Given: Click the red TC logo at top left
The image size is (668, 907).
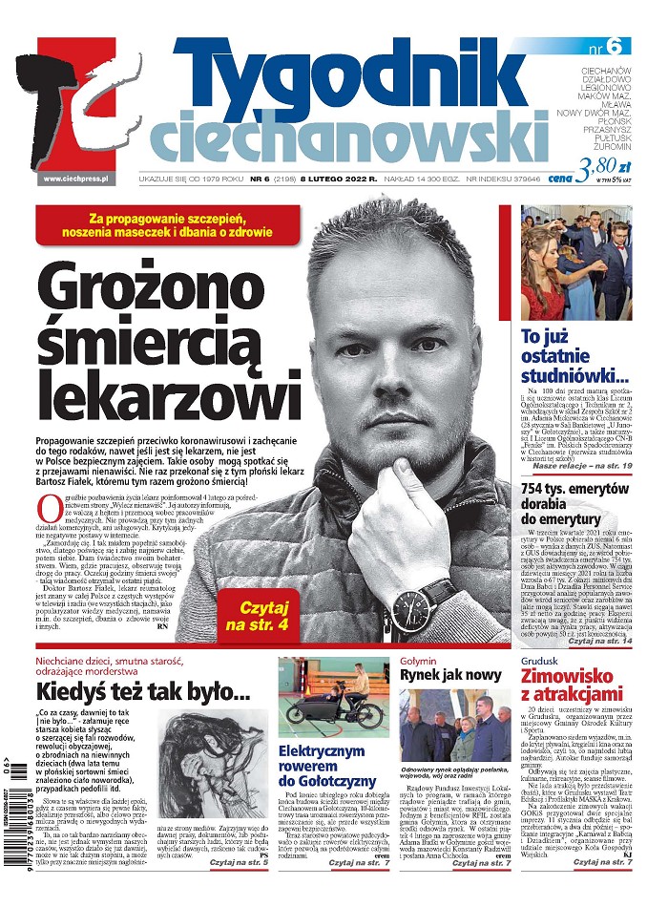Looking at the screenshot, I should coord(76,105).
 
